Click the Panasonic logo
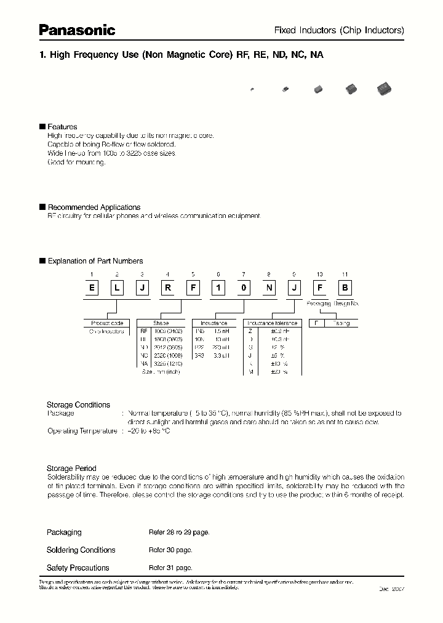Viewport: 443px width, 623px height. (x=77, y=29)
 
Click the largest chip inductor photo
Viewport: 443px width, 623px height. (x=385, y=89)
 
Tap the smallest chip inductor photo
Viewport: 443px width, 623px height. (x=252, y=90)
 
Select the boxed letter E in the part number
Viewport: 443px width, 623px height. (x=92, y=287)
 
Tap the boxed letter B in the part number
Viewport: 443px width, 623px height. (x=345, y=287)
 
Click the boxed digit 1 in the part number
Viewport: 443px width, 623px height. (x=218, y=287)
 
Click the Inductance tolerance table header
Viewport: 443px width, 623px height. (x=272, y=323)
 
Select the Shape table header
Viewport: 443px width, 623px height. (x=161, y=323)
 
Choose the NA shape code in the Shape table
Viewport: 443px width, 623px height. (x=145, y=364)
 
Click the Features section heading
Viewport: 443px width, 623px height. (x=62, y=127)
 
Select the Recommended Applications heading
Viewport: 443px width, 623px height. (x=94, y=207)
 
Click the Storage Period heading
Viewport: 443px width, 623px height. (x=71, y=468)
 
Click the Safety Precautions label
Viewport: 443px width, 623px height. (x=78, y=568)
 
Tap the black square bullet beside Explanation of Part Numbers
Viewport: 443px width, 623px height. (x=42, y=261)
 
